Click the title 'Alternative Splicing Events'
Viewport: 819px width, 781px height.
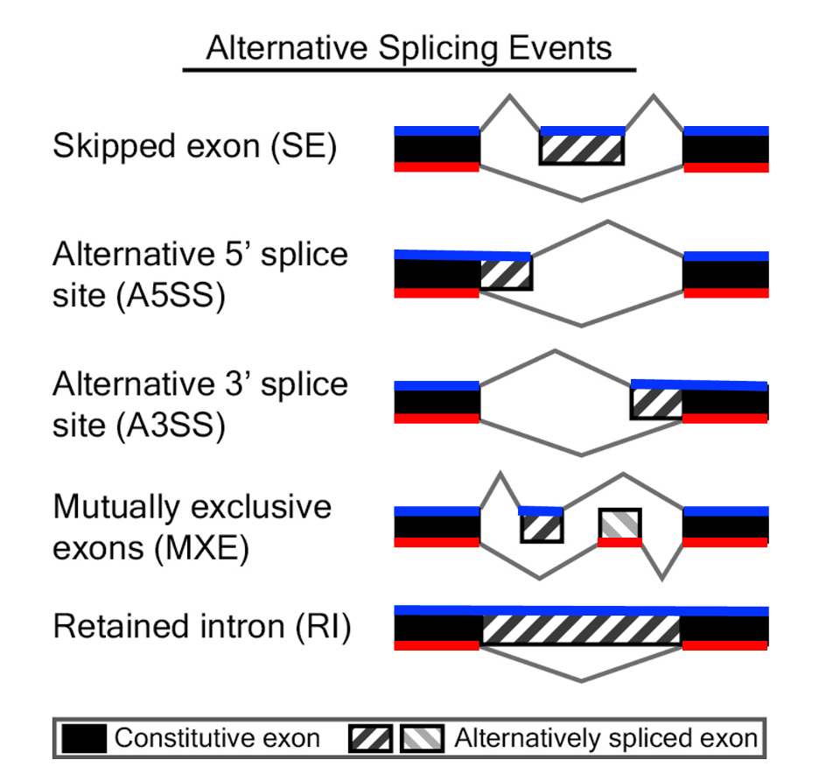point(409,47)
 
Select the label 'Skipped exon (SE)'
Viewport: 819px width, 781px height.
point(194,145)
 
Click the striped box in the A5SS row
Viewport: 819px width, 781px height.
point(506,275)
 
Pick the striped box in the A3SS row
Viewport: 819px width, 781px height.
point(656,403)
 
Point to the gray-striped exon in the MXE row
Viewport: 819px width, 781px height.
point(619,524)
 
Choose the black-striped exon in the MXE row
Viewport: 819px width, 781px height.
point(542,527)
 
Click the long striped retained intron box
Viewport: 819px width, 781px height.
point(581,629)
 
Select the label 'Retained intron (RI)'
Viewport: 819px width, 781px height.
point(201,627)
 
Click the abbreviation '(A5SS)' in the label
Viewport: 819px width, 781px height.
point(170,297)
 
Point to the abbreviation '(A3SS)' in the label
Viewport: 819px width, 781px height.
point(170,426)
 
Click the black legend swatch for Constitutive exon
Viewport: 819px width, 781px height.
point(85,738)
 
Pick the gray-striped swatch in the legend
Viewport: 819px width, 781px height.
point(422,738)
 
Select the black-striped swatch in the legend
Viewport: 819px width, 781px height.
point(371,738)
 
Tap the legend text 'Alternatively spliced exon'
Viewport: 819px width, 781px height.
point(605,738)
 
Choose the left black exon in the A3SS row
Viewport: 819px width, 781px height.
point(437,403)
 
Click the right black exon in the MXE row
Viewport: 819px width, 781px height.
point(725,527)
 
